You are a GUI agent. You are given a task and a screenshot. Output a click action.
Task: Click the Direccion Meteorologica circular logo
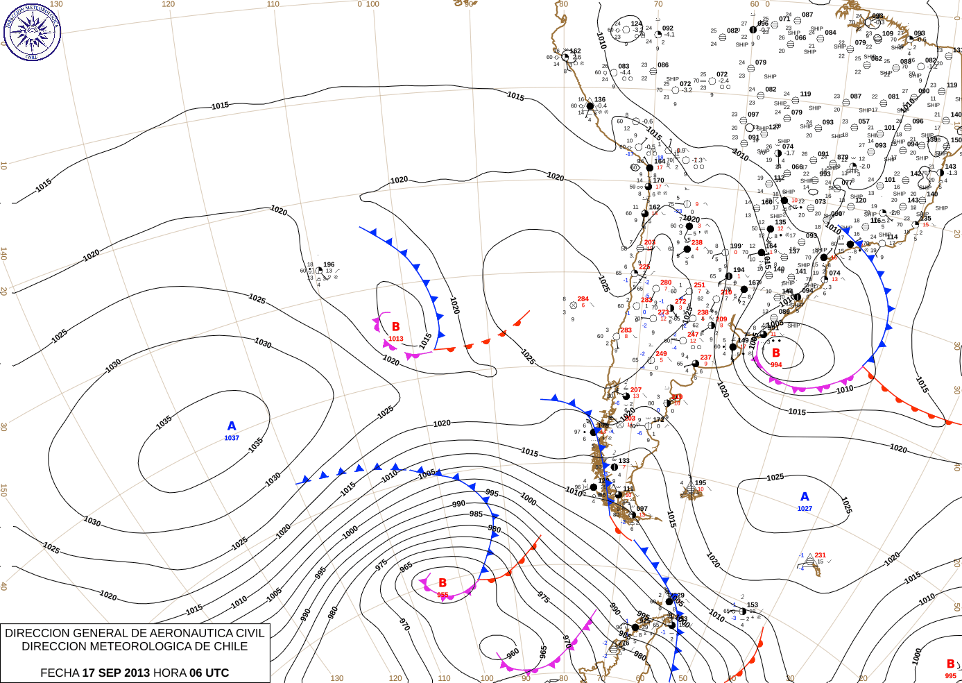pyautogui.click(x=32, y=32)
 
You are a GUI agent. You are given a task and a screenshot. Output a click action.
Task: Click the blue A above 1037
pyautogui.click(x=232, y=426)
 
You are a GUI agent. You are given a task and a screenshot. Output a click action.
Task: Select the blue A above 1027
pyautogui.click(x=805, y=497)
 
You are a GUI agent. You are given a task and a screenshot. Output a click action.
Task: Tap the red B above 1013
pyautogui.click(x=395, y=327)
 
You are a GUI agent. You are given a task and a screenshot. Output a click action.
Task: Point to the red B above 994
pyautogui.click(x=775, y=353)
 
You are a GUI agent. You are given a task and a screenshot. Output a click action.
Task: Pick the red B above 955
pyautogui.click(x=443, y=583)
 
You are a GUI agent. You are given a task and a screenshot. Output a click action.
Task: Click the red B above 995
pyautogui.click(x=950, y=664)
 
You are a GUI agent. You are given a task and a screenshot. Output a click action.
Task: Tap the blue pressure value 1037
pyautogui.click(x=232, y=438)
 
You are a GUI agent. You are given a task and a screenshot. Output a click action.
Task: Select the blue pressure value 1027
pyautogui.click(x=805, y=509)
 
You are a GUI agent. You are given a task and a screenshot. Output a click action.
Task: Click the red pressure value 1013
pyautogui.click(x=395, y=339)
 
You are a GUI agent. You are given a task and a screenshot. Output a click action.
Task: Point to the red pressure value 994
pyautogui.click(x=775, y=365)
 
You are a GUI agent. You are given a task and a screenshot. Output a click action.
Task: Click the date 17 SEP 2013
pyautogui.click(x=116, y=673)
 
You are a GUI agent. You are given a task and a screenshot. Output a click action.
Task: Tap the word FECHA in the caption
pyautogui.click(x=60, y=673)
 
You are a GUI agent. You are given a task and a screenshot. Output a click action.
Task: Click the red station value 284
pyautogui.click(x=583, y=299)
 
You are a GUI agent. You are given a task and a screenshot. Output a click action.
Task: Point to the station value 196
pyautogui.click(x=329, y=264)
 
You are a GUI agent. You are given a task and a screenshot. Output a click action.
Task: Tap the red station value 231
pyautogui.click(x=820, y=555)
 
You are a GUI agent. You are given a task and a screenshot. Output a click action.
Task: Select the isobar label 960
pyautogui.click(x=513, y=654)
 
